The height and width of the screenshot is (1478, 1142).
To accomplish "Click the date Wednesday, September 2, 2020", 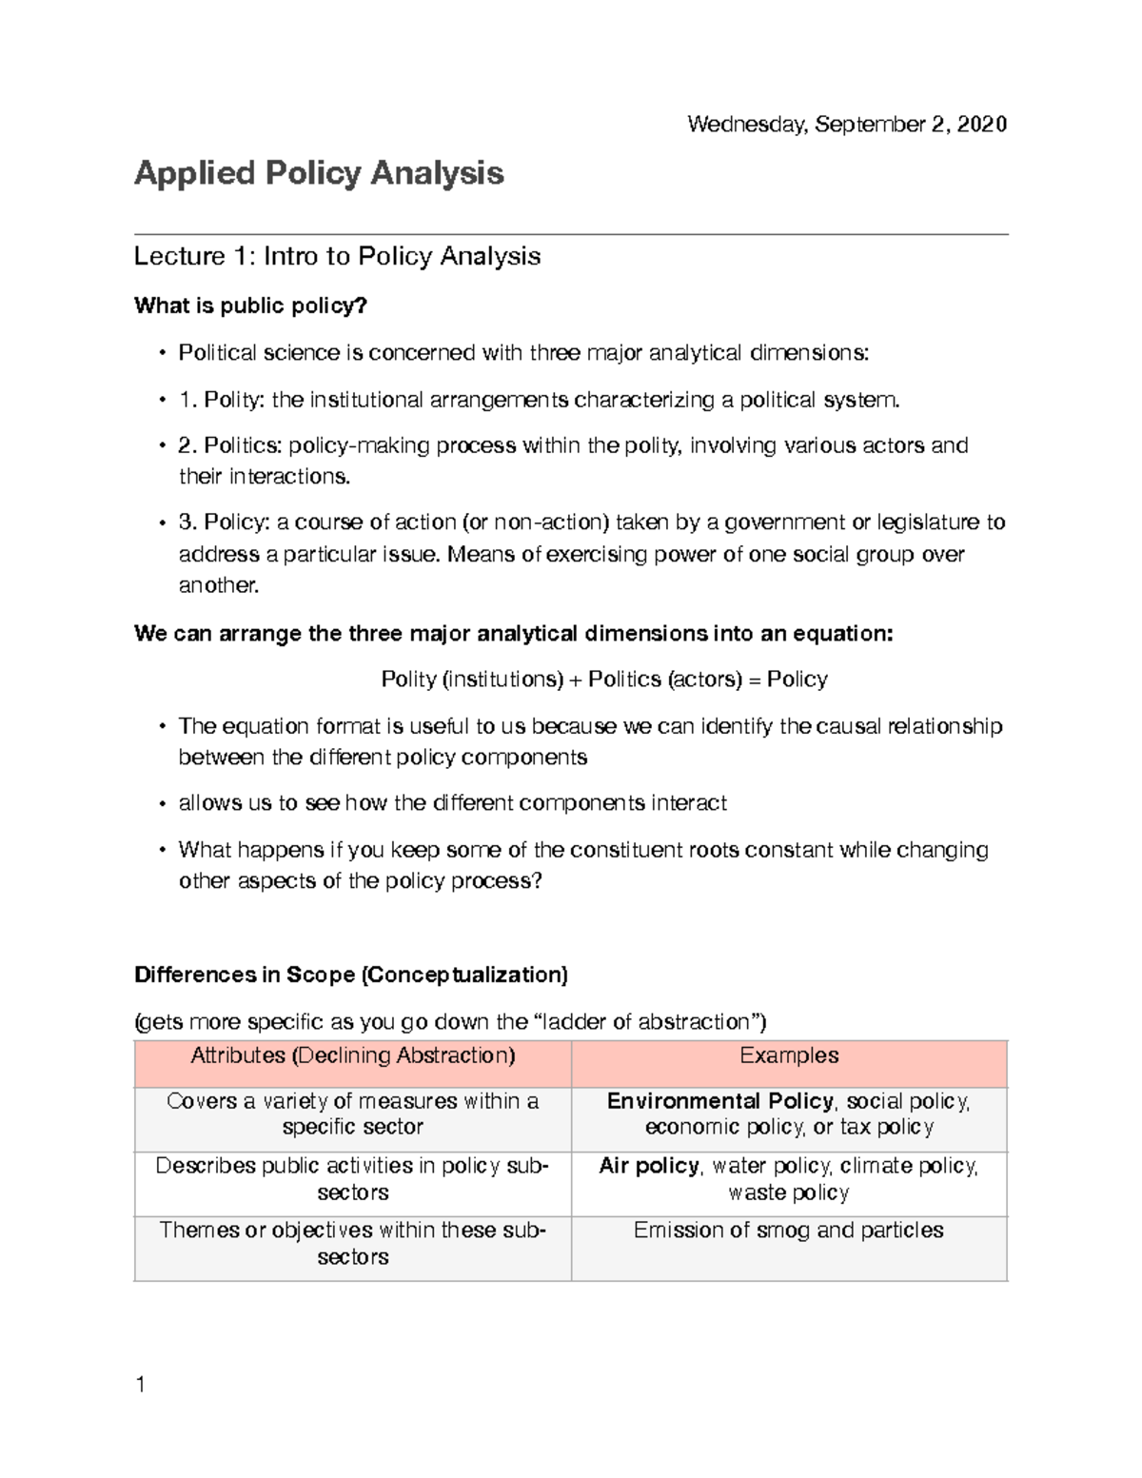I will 846,125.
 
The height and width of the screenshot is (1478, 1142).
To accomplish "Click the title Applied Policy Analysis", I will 319,173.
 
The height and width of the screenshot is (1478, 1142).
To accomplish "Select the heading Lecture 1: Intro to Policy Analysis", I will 337,256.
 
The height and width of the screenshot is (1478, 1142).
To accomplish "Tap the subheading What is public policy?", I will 250,305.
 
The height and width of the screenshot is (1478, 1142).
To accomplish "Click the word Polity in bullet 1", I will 232,400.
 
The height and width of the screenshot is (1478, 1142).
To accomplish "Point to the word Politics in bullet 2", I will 242,445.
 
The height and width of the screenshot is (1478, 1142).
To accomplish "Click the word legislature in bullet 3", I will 928,522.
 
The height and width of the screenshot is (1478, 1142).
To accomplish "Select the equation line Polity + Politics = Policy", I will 603,680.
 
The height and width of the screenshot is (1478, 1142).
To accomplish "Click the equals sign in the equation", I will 754,680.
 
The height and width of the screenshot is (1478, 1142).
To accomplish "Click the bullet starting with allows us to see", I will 452,803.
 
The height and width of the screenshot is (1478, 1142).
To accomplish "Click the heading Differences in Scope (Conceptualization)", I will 351,975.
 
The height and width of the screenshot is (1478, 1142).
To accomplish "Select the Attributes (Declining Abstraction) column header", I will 352,1055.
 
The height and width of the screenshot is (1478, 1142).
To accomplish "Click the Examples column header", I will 789,1055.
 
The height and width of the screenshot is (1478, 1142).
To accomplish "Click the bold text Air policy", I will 648,1166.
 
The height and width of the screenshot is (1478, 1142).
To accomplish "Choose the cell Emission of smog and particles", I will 788,1231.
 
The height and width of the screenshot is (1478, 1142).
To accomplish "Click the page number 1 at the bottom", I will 141,1385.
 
